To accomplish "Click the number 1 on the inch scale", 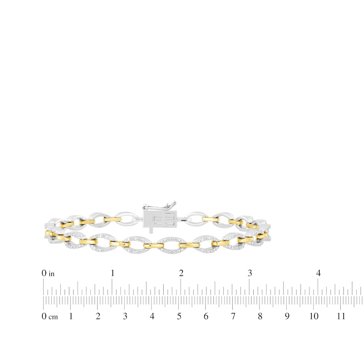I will point(113,273).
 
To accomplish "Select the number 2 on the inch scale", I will point(181,273).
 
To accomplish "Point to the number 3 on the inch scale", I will point(250,273).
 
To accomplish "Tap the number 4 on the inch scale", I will point(318,273).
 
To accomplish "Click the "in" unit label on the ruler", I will point(52,274).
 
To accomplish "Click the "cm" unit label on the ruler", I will point(53,317).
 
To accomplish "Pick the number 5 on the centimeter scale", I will point(179,316).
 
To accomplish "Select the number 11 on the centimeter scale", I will point(341,316).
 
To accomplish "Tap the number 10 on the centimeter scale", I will point(314,316).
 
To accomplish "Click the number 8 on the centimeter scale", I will point(260,316).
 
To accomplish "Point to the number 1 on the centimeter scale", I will point(71,316).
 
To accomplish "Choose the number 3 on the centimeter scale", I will point(125,316).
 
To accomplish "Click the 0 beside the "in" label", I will point(44,273).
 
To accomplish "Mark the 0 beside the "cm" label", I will point(44,316).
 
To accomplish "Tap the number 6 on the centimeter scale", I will point(206,316).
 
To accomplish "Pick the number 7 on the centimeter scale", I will point(233,316).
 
